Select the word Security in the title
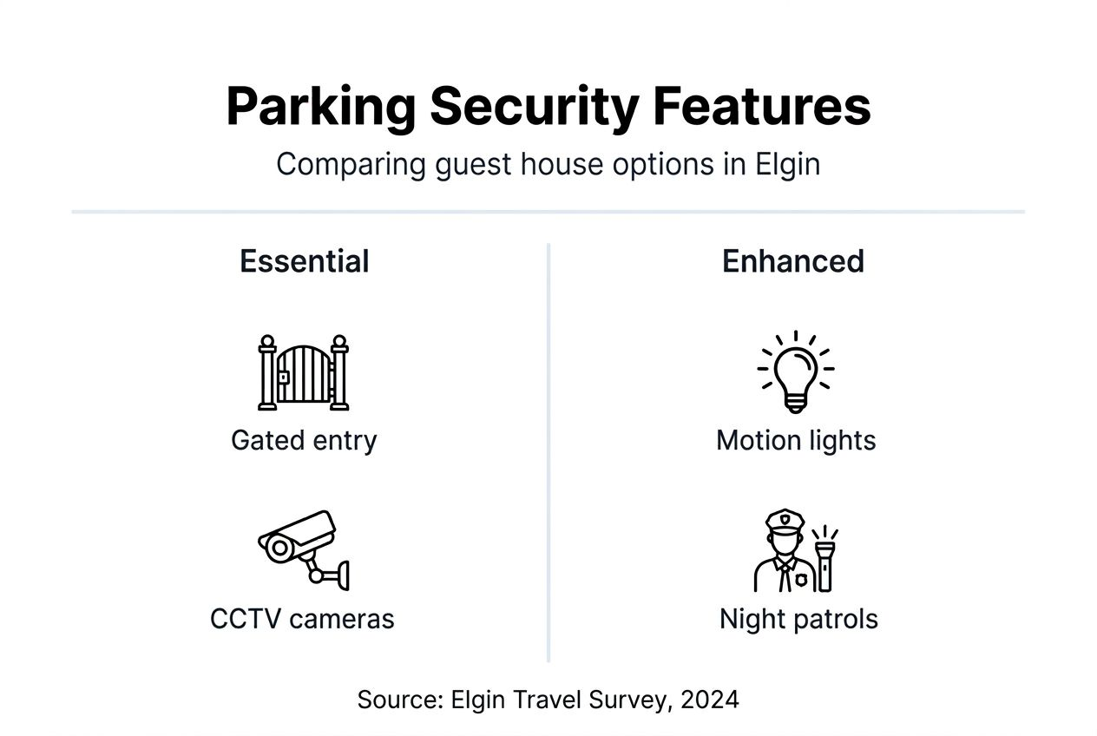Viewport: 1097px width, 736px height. point(533,108)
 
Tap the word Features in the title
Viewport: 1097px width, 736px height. point(761,108)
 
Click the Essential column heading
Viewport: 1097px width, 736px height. point(304,261)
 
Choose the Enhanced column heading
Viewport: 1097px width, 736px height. point(792,261)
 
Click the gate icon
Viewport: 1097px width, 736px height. point(303,373)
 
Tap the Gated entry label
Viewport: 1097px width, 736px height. point(304,440)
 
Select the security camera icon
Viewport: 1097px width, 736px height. point(303,549)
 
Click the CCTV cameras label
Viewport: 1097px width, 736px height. point(302,619)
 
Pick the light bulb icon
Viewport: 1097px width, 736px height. point(796,371)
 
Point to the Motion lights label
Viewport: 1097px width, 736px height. point(796,440)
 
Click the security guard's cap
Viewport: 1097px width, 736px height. point(785,520)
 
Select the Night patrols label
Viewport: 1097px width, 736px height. point(798,619)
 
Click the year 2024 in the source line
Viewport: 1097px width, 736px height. point(710,700)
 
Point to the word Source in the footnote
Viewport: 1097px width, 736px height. point(399,700)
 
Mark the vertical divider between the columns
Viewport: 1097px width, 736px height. point(548,451)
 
